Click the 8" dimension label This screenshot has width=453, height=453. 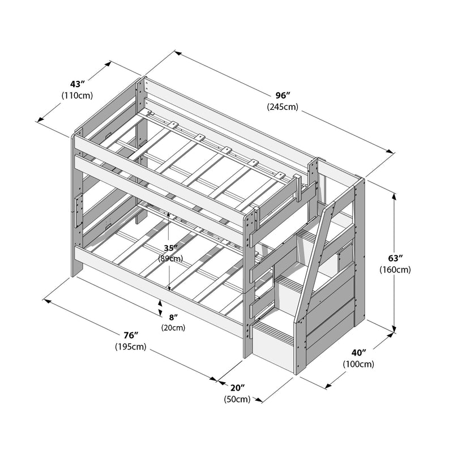tap(173, 317)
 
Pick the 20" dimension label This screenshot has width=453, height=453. tap(237, 388)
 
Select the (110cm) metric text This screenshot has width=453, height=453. tap(77, 96)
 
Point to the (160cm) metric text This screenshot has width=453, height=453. tap(395, 270)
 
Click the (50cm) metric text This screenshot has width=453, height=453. tap(237, 399)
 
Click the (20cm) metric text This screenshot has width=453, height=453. tap(173, 327)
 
